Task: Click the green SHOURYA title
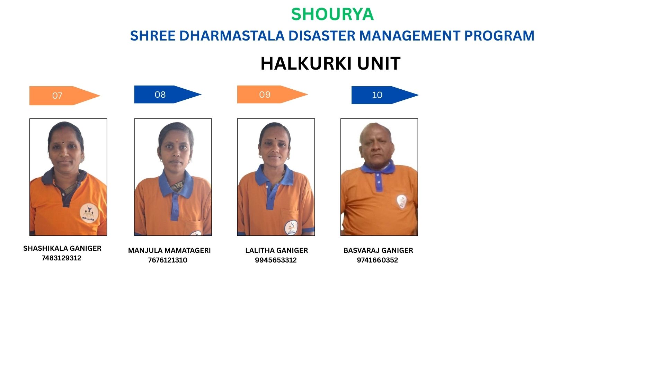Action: (332, 14)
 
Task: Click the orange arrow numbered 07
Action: (65, 96)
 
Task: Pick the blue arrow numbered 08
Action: (168, 94)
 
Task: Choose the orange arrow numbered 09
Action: (272, 94)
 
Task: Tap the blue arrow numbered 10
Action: (385, 95)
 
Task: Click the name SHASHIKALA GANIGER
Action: (62, 248)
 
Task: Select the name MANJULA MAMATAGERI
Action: (169, 250)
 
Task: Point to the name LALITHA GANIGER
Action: (276, 250)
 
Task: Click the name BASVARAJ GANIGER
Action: (378, 250)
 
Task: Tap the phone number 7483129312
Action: (61, 258)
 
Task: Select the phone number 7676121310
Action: (168, 260)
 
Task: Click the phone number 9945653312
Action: (276, 260)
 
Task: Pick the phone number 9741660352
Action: (378, 260)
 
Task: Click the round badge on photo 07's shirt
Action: (89, 213)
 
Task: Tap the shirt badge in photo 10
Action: (401, 201)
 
